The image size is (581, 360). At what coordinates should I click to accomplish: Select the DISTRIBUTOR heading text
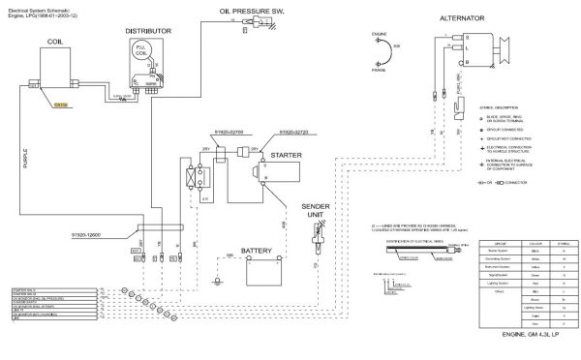(x=148, y=31)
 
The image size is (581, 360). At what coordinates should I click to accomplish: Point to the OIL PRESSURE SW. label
(x=242, y=11)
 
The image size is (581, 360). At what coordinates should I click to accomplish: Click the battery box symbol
(x=262, y=273)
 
